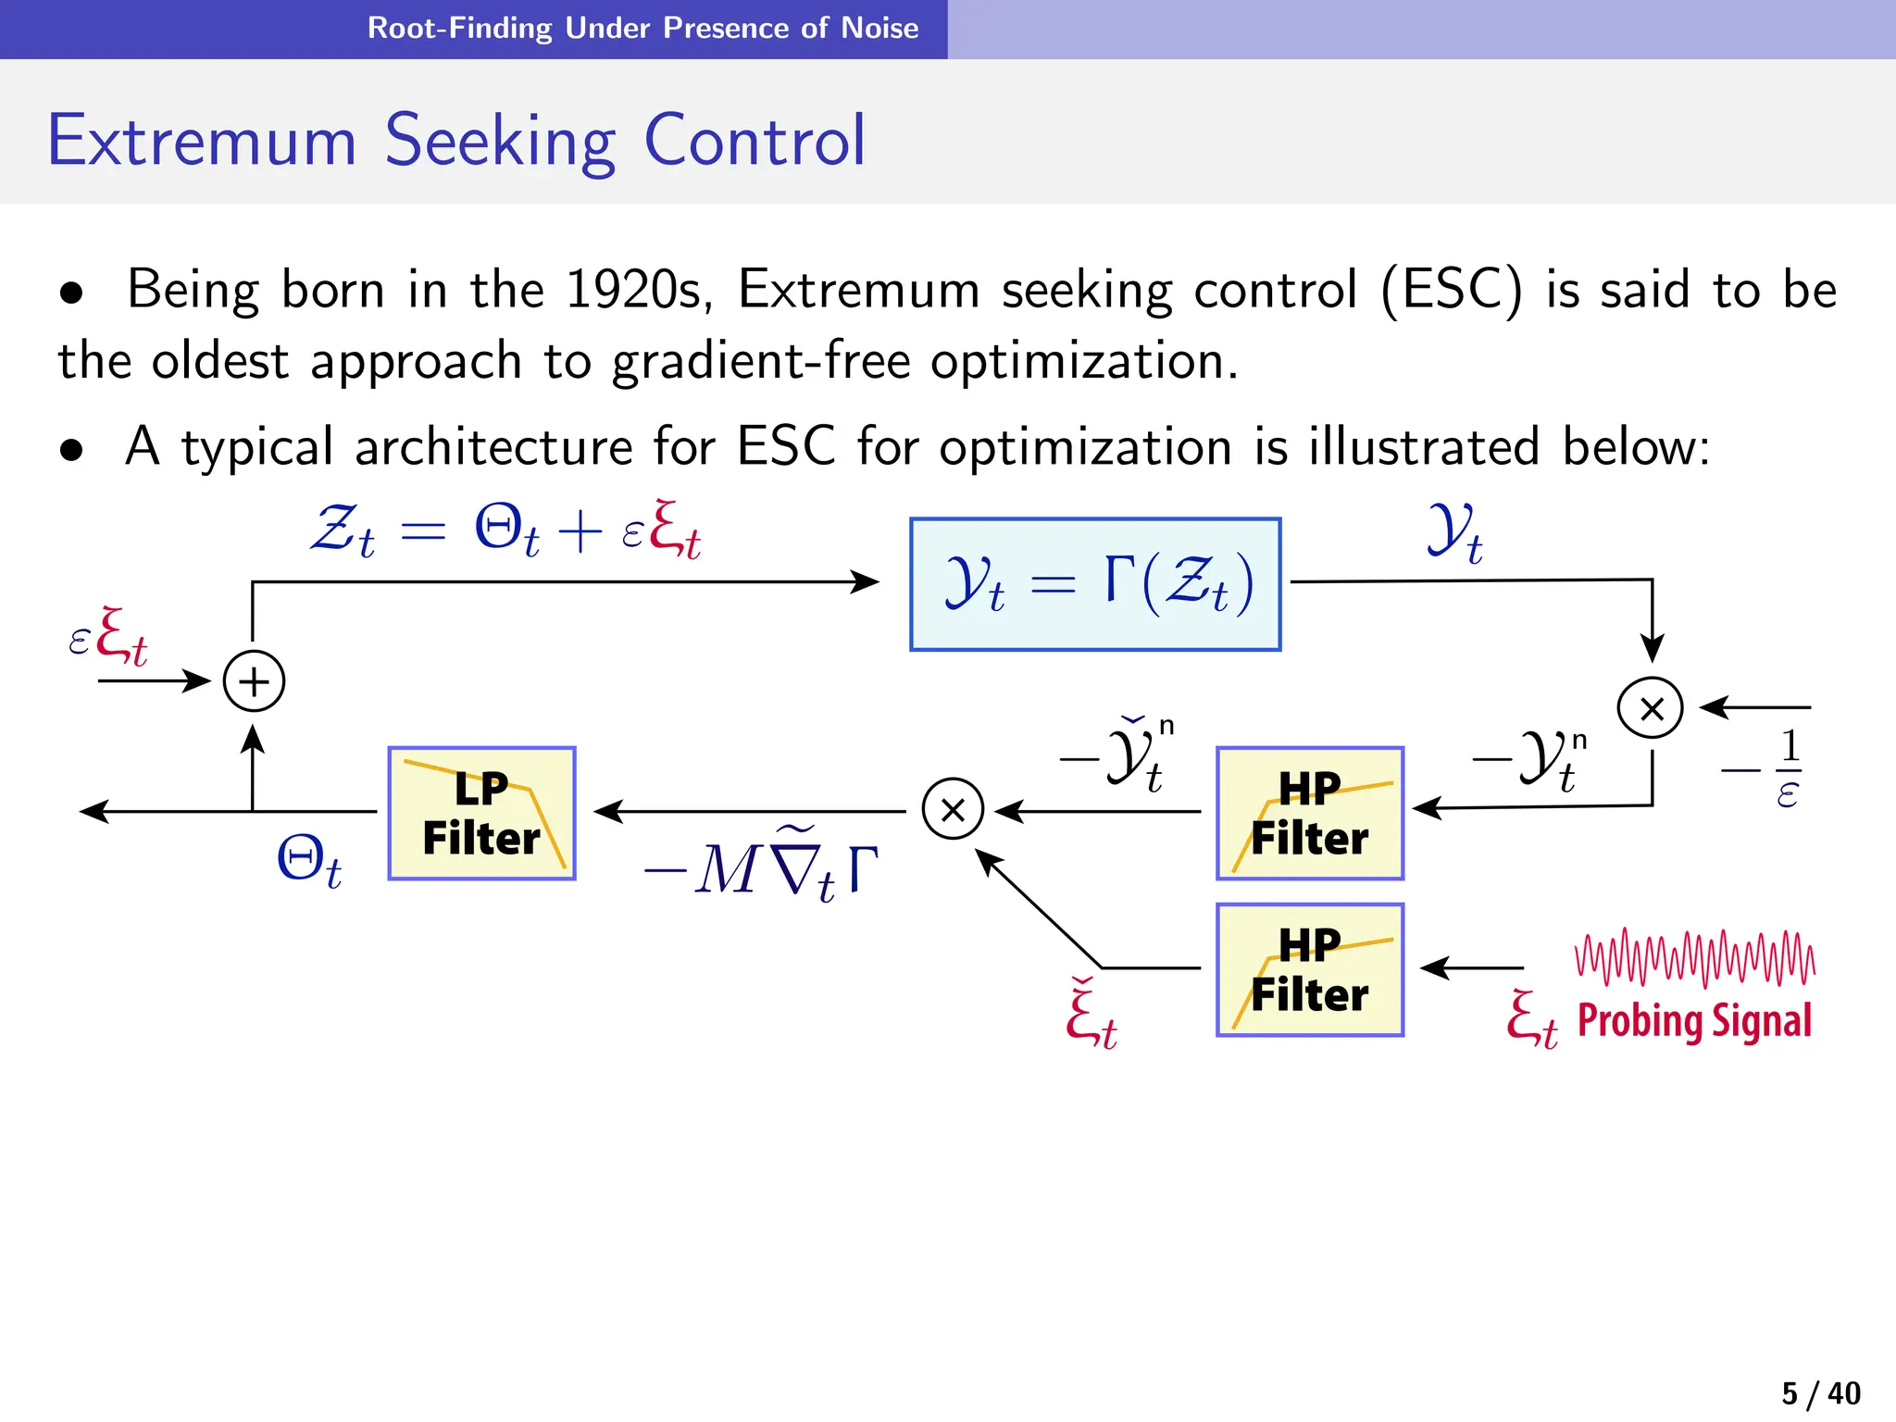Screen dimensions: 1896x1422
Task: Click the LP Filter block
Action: coord(481,813)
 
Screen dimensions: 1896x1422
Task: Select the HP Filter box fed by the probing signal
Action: coord(1309,969)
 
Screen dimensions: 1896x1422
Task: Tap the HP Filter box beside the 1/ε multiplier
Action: coord(1309,813)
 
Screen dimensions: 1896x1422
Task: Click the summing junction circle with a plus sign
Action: coord(254,681)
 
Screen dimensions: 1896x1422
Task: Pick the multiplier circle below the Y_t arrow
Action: coord(1650,708)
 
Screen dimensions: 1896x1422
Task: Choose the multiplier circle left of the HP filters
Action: coord(953,809)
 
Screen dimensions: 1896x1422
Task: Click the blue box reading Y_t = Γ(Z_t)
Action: coord(1095,584)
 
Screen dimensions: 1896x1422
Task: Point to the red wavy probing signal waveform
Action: coord(1694,956)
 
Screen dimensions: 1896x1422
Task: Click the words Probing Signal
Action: coord(1694,1021)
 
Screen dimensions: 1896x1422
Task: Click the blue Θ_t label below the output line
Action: coord(309,861)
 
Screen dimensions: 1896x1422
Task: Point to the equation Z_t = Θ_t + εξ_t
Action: coord(505,530)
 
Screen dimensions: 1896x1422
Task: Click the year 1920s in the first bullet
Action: coord(637,290)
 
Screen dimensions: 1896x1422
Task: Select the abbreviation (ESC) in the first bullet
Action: coord(1451,290)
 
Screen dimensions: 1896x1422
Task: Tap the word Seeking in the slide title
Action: coord(500,141)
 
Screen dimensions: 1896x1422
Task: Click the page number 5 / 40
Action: coord(1820,1392)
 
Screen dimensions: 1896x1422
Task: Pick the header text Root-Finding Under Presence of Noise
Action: coord(642,28)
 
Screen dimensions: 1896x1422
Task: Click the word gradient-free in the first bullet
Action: coord(761,360)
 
